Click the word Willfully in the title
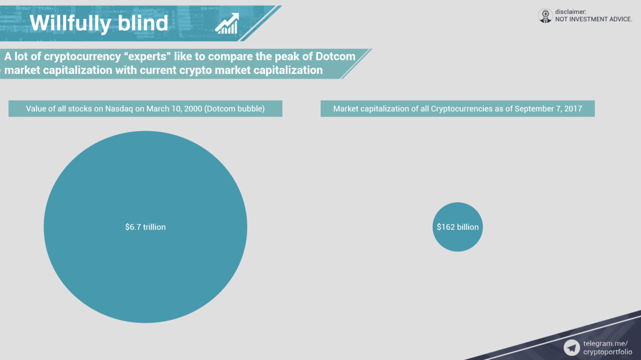click(71, 23)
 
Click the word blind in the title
click(143, 23)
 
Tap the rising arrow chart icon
click(227, 23)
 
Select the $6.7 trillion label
click(145, 227)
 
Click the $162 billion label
click(457, 227)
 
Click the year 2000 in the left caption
click(194, 109)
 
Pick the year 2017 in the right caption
click(573, 109)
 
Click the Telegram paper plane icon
click(571, 348)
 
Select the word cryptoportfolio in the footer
click(608, 352)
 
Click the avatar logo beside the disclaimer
click(545, 16)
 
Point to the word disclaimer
click(570, 12)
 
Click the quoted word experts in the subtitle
click(148, 56)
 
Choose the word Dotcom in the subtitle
click(335, 56)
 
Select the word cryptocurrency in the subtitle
click(82, 57)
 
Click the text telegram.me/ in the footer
click(605, 344)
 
